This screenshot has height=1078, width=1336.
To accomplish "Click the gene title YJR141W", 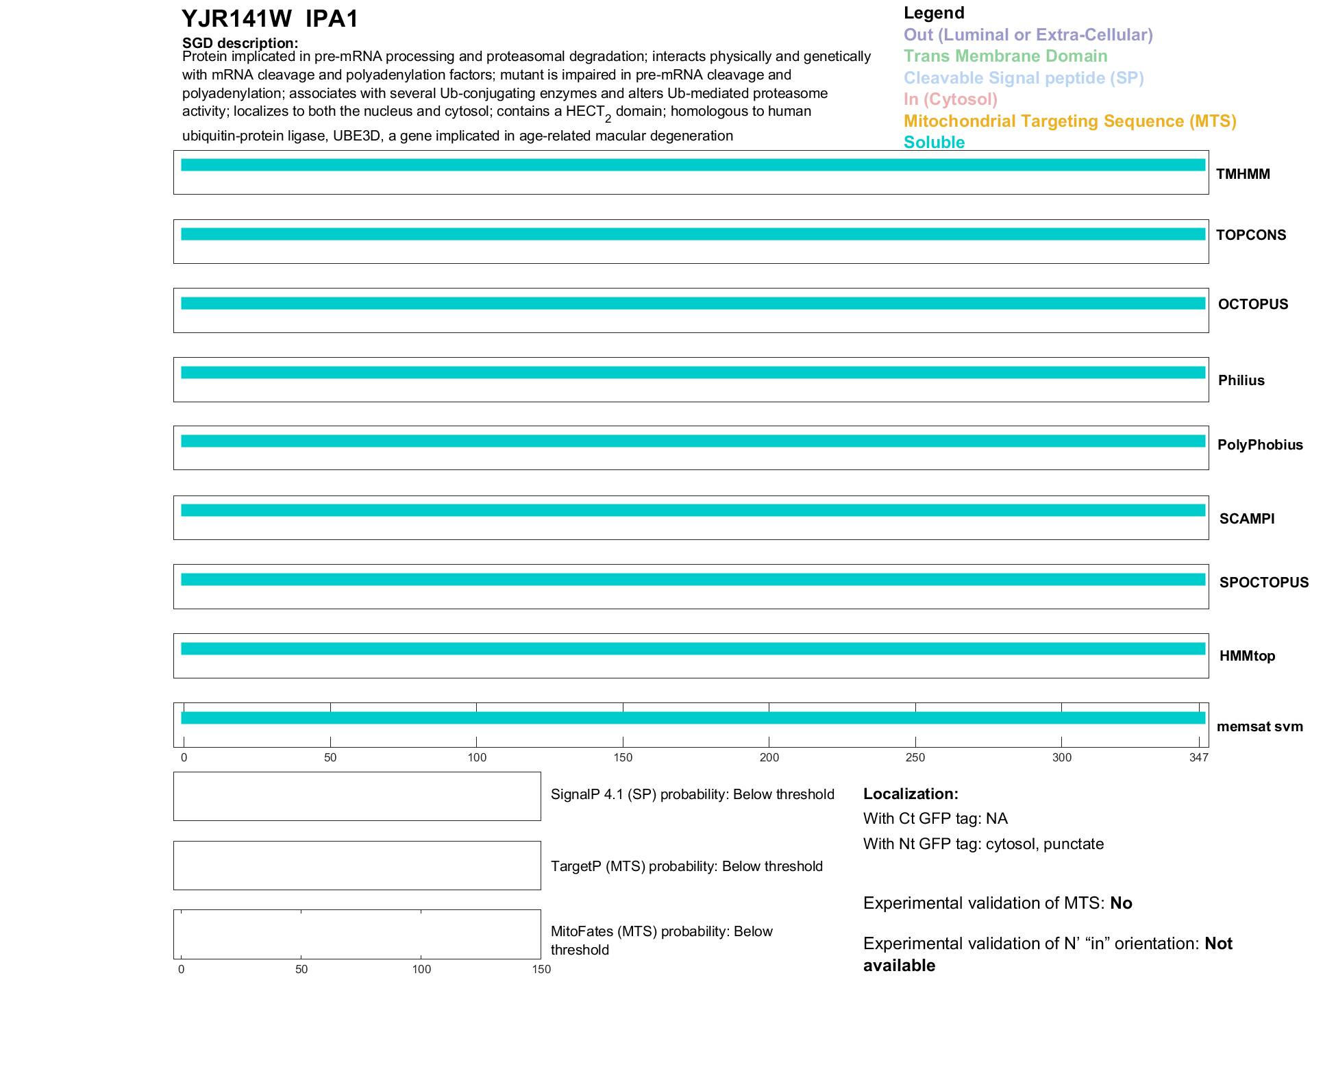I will (x=236, y=19).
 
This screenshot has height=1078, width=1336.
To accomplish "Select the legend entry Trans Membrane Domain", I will (x=1005, y=56).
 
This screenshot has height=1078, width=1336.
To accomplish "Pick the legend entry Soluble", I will (x=934, y=143).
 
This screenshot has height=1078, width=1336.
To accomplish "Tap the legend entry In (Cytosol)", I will (x=950, y=99).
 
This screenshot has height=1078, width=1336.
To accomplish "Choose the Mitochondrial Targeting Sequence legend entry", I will (x=1069, y=121).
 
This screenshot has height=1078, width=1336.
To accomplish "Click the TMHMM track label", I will (x=1242, y=174).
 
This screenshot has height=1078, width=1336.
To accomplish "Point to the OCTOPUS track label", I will (x=1252, y=304).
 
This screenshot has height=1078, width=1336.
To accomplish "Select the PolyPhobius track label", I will (x=1259, y=445).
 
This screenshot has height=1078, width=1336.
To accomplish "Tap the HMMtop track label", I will (x=1247, y=656).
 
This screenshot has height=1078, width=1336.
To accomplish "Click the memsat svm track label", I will (x=1259, y=726).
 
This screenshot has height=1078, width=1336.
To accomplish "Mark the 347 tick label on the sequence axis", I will (x=1198, y=757).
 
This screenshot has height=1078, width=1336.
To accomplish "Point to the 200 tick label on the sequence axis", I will (x=769, y=757).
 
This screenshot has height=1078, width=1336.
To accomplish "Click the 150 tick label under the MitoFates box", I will (x=541, y=969).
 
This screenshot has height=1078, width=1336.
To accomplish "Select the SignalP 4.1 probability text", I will (x=692, y=794).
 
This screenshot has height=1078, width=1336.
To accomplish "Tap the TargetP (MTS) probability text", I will (x=686, y=866).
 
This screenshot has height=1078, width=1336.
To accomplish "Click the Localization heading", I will (x=910, y=794).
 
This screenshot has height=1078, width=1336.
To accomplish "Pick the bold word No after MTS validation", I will (x=1121, y=903).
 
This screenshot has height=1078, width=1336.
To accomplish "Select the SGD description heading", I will (x=240, y=43).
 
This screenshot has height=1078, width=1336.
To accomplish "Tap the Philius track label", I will (x=1241, y=380).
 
